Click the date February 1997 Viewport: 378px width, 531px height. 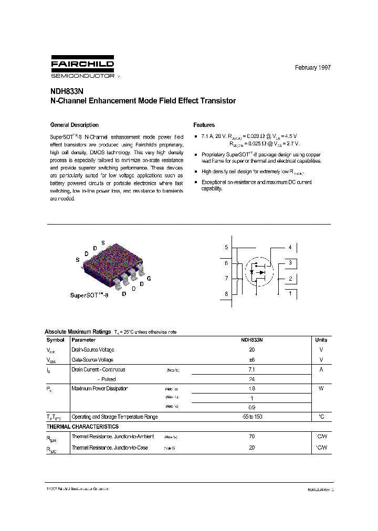(313, 68)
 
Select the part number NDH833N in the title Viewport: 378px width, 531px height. (64, 91)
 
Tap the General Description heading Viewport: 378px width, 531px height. (74, 125)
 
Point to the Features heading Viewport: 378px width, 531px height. (204, 125)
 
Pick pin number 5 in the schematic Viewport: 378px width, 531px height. (226, 247)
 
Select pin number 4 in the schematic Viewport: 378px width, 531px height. (289, 247)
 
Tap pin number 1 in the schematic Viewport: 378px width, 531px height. (289, 293)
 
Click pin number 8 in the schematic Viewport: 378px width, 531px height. (226, 294)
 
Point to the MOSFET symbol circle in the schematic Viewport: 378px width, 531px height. (258, 271)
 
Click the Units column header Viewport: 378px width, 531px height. (321, 340)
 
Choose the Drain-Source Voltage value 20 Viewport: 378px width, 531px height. (251, 349)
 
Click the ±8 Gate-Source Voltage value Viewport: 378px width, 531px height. (251, 359)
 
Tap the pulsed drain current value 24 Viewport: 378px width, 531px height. (251, 379)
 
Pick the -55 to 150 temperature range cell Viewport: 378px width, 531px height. (251, 417)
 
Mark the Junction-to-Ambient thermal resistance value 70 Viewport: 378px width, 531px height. (251, 437)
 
